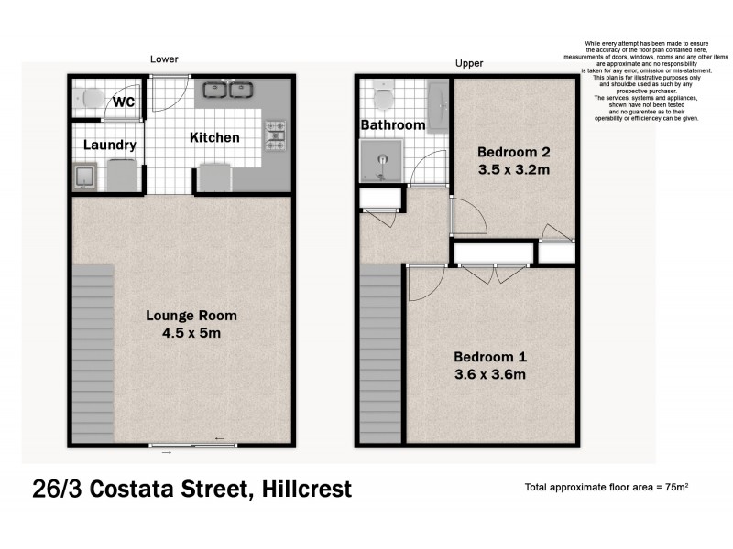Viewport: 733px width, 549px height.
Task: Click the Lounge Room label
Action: coord(191,316)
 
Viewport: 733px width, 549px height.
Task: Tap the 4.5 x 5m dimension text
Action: coord(191,334)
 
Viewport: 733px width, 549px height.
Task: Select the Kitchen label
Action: coord(214,138)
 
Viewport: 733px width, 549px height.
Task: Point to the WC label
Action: coord(125,102)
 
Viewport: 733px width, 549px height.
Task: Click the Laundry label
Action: coord(109,145)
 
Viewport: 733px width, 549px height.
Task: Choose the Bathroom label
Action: coord(392,124)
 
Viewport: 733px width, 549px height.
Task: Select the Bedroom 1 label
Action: coord(491,356)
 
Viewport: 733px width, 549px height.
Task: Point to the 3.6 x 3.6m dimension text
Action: coord(491,374)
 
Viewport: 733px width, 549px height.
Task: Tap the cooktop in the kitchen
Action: coord(275,135)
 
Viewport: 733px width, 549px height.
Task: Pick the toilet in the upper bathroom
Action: coord(382,94)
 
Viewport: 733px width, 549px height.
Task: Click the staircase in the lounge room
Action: coord(92,352)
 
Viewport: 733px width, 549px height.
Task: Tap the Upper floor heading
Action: coord(469,63)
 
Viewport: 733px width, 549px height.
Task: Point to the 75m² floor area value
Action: coord(674,487)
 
